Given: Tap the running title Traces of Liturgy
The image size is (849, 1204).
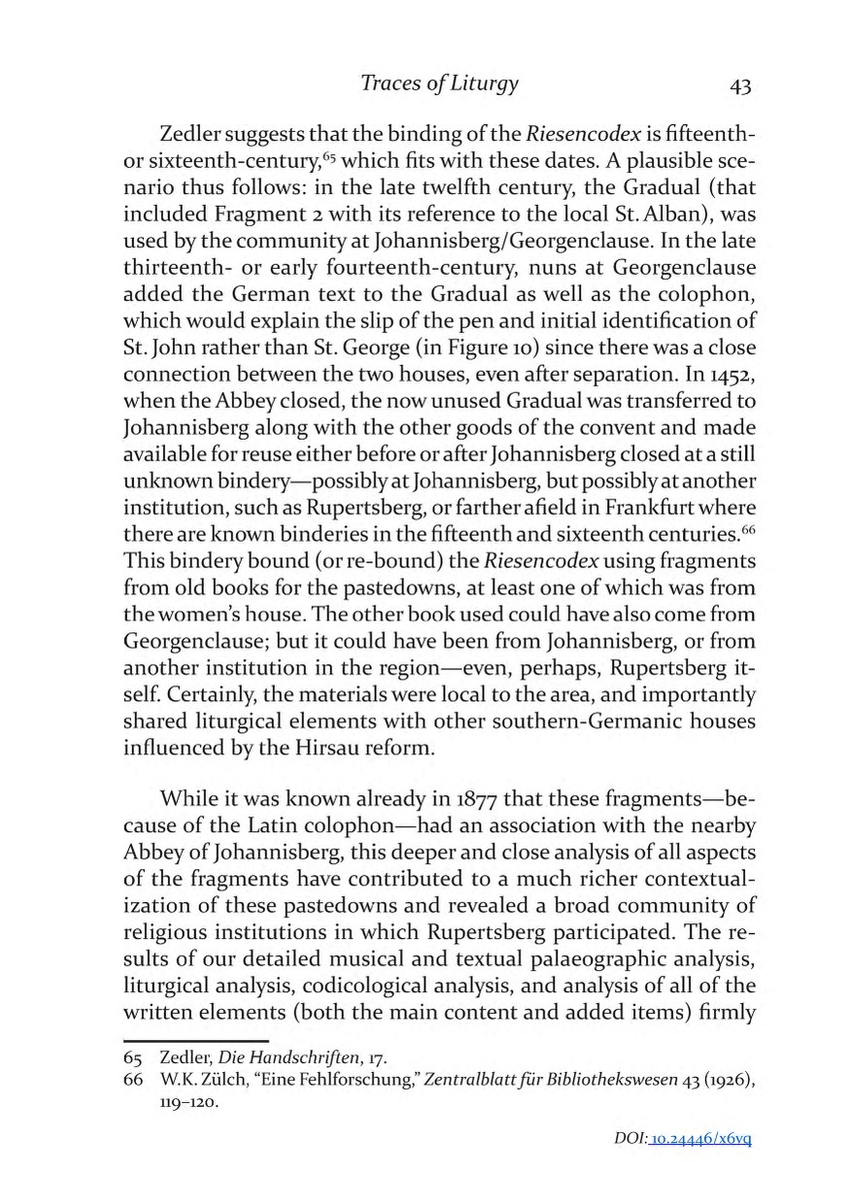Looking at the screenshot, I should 439,84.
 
